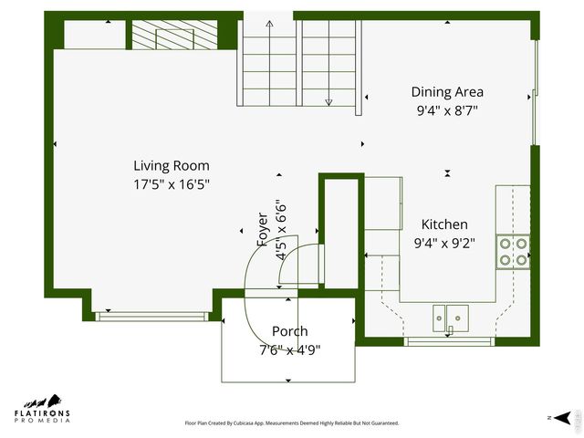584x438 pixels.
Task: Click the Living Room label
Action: point(172,166)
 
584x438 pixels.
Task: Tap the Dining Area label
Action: point(446,92)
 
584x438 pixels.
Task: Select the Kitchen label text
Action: point(443,224)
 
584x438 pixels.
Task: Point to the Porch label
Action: point(290,331)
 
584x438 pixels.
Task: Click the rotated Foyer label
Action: point(263,230)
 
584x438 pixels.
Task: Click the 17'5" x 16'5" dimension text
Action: point(172,183)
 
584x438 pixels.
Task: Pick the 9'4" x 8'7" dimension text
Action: point(446,109)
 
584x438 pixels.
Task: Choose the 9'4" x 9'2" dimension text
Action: point(443,243)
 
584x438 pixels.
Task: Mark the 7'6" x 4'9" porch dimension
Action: point(290,349)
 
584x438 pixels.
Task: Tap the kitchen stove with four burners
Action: point(513,251)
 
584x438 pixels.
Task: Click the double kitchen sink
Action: point(451,318)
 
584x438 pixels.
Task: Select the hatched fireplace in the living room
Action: point(174,36)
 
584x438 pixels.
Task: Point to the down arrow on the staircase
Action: point(329,100)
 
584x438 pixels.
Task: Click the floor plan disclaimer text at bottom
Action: point(292,423)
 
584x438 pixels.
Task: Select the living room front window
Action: point(152,317)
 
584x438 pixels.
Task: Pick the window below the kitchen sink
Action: point(449,341)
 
